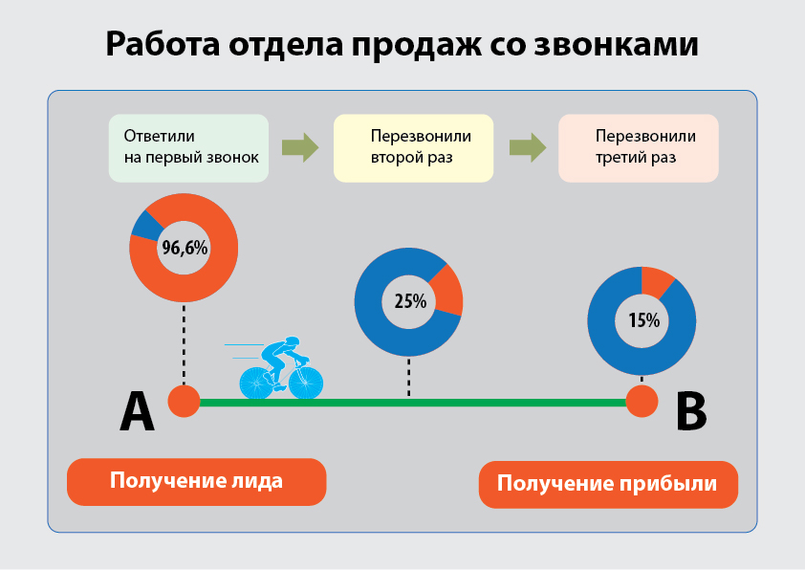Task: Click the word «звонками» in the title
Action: [616, 45]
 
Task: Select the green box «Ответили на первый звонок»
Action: [188, 148]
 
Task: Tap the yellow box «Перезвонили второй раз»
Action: [413, 148]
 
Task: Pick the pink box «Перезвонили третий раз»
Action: [638, 148]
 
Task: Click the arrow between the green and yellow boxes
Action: [300, 148]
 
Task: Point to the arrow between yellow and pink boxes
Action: [528, 148]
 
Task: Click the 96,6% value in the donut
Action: [185, 248]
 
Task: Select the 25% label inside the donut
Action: [410, 301]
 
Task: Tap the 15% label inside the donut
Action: [643, 320]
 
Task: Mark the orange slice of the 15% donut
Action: [656, 281]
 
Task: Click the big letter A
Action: [137, 411]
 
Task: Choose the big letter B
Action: [691, 411]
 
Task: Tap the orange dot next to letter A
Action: [184, 401]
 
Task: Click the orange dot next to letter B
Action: [642, 401]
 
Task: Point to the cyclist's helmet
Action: [293, 341]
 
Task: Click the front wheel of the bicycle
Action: [306, 383]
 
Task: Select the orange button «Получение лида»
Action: [197, 482]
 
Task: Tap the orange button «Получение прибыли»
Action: [608, 484]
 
